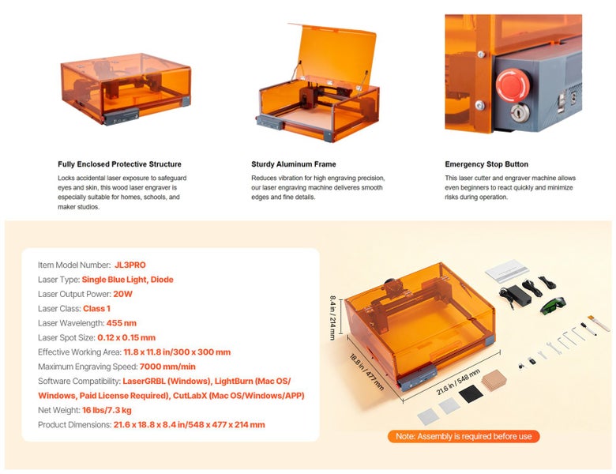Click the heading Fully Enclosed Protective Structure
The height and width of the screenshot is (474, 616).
(119, 164)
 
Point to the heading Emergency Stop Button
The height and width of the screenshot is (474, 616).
(486, 164)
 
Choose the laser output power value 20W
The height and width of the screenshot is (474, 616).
(122, 294)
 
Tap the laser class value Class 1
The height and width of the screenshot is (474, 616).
(96, 308)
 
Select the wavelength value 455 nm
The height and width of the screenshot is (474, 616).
(121, 323)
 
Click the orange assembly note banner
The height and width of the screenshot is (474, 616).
(463, 436)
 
